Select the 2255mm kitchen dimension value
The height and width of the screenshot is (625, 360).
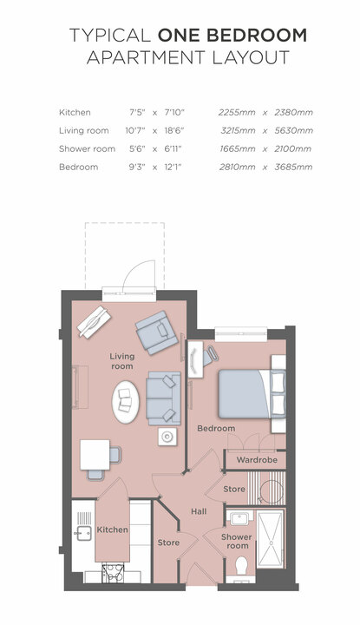pyautogui.click(x=237, y=112)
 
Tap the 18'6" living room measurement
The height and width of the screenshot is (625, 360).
pyautogui.click(x=174, y=131)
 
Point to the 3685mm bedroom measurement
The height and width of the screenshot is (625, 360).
pyautogui.click(x=293, y=167)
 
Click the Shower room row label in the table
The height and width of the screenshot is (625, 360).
pyautogui.click(x=87, y=149)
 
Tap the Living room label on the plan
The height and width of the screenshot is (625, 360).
pyautogui.click(x=121, y=361)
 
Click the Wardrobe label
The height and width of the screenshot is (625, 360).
pyautogui.click(x=257, y=459)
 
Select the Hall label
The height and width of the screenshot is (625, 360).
pyautogui.click(x=199, y=511)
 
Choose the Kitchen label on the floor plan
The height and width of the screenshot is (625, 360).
pyautogui.click(x=112, y=530)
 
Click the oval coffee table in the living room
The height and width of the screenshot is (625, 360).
pyautogui.click(x=126, y=402)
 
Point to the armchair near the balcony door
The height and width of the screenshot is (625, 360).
pyautogui.click(x=156, y=332)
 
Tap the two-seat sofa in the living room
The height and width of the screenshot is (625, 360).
pyautogui.click(x=163, y=398)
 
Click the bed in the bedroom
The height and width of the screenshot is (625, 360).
pyautogui.click(x=252, y=394)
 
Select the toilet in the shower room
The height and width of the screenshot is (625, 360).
pyautogui.click(x=242, y=565)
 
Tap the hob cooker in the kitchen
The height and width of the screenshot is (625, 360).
pyautogui.click(x=113, y=573)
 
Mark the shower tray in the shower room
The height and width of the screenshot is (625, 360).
pyautogui.click(x=271, y=538)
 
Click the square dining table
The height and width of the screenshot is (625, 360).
pyautogui.click(x=95, y=454)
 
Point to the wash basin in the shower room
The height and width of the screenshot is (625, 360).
pyautogui.click(x=239, y=518)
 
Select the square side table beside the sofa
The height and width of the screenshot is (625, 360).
pyautogui.click(x=167, y=437)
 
